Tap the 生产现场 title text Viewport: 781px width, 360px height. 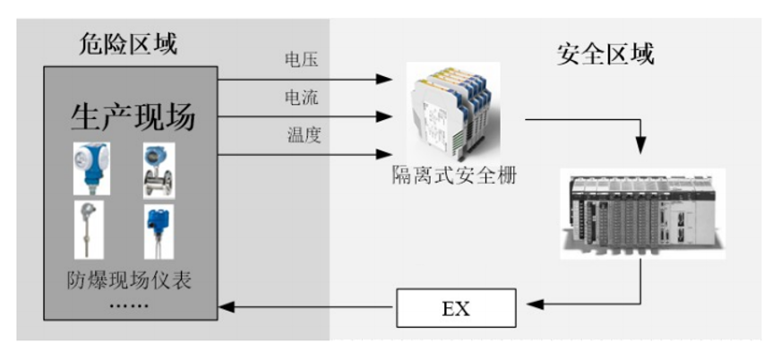133,116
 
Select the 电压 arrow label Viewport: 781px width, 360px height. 301,61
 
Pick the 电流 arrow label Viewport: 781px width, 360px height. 301,97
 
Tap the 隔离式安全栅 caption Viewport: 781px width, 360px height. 455,176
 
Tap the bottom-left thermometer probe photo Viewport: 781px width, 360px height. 90,227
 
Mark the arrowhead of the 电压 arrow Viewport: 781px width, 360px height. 387,80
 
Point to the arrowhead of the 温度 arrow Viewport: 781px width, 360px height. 387,153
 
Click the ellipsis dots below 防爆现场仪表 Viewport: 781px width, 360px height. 130,304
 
